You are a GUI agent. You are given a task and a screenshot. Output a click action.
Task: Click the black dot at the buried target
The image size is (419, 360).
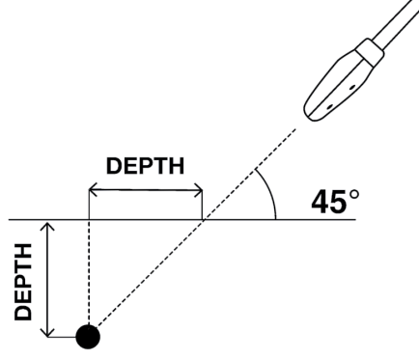88,337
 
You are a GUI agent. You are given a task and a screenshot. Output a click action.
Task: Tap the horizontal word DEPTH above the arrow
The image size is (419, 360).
145,166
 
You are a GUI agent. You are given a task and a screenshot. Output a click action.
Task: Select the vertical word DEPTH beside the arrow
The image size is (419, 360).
23,282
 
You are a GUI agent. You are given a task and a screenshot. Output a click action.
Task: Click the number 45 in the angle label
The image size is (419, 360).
329,202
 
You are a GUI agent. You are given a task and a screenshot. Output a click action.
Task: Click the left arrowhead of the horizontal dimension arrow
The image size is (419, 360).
93,190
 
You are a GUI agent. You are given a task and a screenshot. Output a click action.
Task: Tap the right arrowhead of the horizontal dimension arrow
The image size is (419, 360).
198,190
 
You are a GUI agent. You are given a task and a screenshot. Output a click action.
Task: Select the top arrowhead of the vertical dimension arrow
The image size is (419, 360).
47,226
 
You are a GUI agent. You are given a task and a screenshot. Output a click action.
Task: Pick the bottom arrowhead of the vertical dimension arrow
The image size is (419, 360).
47,332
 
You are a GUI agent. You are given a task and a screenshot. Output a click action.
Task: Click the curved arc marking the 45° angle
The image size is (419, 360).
270,191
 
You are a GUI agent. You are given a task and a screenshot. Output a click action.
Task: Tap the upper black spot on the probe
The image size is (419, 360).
352,87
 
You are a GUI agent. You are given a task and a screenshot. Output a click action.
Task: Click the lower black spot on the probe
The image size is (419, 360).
329,107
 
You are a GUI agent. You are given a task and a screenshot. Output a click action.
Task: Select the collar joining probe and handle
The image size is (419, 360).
370,53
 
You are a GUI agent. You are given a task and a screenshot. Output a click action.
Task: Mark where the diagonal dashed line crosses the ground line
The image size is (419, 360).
204,220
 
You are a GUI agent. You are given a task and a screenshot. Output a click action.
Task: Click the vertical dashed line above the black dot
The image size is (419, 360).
89,272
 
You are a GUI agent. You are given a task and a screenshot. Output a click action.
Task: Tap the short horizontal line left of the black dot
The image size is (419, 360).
62,337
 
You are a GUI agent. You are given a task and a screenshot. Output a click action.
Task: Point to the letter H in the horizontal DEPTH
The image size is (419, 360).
177,166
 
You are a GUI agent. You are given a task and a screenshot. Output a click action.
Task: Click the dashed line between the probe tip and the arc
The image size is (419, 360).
275,149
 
